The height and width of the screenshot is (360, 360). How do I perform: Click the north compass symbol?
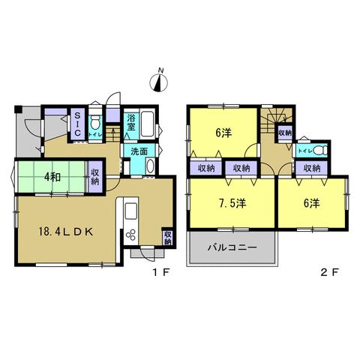click(x=158, y=81)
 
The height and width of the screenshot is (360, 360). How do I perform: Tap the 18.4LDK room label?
click(x=66, y=232)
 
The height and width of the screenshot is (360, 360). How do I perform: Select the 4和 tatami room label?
click(x=52, y=177)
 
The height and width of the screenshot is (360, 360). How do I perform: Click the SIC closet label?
click(x=78, y=124)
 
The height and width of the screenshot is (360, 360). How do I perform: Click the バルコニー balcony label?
click(x=232, y=247)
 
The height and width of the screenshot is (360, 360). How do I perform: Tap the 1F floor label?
click(x=161, y=272)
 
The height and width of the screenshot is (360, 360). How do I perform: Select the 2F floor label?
click(x=329, y=272)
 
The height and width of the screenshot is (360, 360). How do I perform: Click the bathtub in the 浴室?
click(x=147, y=124)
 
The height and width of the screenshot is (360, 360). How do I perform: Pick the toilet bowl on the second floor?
click(x=321, y=150)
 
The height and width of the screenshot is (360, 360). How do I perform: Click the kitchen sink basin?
click(x=130, y=211)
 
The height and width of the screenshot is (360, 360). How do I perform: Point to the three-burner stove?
click(x=131, y=235)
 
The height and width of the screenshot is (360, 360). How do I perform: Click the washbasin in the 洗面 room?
click(x=150, y=166)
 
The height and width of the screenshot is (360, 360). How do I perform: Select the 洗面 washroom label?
click(x=139, y=151)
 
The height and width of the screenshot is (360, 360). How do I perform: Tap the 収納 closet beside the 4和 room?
click(x=95, y=177)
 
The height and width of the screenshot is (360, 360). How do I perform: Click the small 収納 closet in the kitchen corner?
click(x=167, y=238)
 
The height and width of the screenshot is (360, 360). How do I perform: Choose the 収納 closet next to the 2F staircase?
click(x=285, y=133)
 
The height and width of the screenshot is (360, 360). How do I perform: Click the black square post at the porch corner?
click(x=18, y=109)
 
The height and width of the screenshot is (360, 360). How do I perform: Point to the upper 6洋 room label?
click(x=223, y=133)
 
